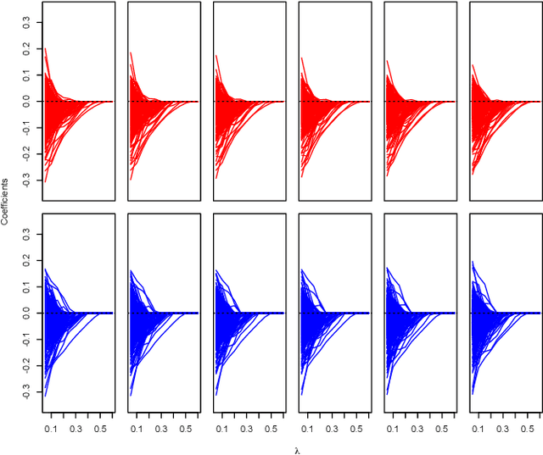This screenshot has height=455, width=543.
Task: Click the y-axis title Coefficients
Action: point(6,201)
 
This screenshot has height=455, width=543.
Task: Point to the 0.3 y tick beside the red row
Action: point(25,24)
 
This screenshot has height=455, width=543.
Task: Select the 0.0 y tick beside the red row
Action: point(25,101)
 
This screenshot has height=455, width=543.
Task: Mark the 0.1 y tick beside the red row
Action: point(25,76)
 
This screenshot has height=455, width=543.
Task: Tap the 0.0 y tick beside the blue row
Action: point(25,314)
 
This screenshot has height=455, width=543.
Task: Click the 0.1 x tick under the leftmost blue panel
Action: point(51,429)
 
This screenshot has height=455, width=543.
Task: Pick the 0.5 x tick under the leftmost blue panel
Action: point(100,429)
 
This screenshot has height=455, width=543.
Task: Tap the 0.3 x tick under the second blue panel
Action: point(161,429)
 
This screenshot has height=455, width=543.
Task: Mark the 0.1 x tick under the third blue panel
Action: point(222,429)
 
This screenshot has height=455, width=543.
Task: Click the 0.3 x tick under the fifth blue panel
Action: point(418,429)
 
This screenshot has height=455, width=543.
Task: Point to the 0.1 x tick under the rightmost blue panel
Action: point(479,429)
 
